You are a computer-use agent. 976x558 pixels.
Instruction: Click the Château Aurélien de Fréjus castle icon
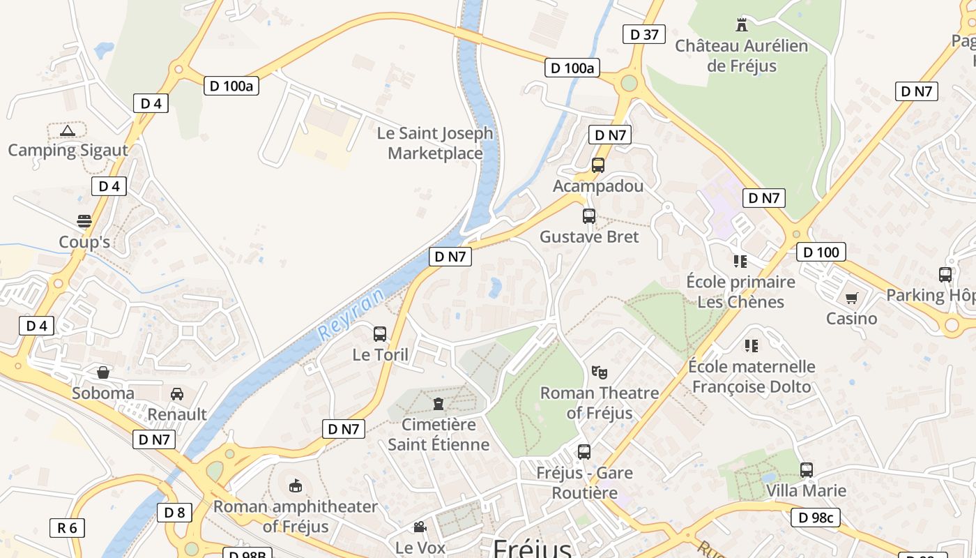tap(742, 25)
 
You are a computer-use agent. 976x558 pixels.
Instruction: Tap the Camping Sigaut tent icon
tap(68, 130)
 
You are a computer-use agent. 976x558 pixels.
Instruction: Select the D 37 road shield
tap(644, 34)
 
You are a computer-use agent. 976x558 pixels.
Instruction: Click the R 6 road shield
tap(67, 527)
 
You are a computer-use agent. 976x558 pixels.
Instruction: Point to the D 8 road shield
tap(174, 513)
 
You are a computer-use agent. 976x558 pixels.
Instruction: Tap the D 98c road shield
tap(816, 518)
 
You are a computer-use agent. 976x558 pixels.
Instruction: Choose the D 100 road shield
tap(821, 252)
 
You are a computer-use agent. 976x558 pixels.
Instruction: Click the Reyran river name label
tap(351, 315)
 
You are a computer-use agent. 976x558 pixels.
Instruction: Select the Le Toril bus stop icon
tap(380, 334)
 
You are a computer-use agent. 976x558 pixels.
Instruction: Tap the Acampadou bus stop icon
tap(598, 165)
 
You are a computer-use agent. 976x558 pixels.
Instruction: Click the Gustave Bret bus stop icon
tap(589, 216)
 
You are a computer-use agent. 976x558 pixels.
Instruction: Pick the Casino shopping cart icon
tap(851, 299)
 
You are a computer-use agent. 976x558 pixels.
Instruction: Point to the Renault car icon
tap(177, 394)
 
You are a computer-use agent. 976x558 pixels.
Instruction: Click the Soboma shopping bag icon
tap(103, 372)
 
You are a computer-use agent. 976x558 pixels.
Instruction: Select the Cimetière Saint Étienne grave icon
tap(439, 404)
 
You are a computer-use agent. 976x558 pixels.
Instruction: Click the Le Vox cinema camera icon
tap(420, 527)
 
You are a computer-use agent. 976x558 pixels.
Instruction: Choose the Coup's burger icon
tap(84, 222)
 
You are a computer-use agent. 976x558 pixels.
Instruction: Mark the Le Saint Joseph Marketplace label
tap(435, 143)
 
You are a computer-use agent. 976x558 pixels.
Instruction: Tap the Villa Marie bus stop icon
tap(807, 470)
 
